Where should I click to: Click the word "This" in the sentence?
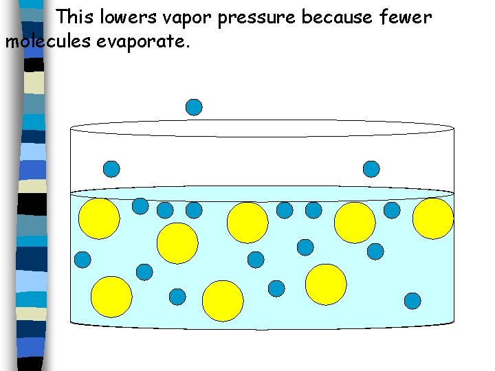(x=75, y=16)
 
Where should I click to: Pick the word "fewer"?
(x=405, y=16)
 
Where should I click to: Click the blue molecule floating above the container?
(x=195, y=107)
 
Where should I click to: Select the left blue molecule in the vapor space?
(x=111, y=168)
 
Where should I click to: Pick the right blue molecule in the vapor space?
(x=371, y=168)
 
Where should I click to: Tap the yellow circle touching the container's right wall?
(x=433, y=218)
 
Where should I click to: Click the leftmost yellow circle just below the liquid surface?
(x=99, y=218)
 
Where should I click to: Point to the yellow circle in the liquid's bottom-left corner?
(x=111, y=297)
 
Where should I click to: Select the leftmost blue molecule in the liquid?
(x=82, y=259)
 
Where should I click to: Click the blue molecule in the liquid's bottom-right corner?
(x=412, y=300)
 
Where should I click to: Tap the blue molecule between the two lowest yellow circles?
(x=276, y=289)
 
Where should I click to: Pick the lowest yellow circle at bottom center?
(x=223, y=301)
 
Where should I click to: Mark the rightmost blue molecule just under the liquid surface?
(x=392, y=210)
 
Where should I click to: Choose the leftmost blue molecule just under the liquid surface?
(x=140, y=205)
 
